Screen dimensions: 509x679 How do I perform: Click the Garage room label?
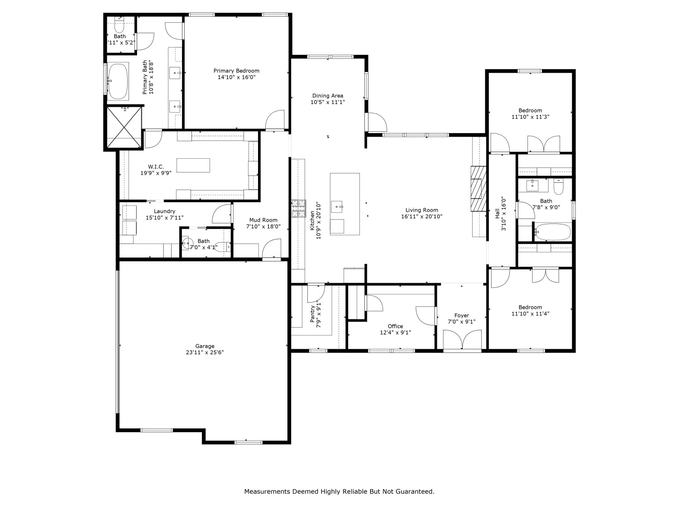click(x=205, y=346)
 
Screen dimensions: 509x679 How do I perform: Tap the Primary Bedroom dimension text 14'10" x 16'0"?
click(x=236, y=77)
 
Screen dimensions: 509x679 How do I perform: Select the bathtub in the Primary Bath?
click(x=118, y=81)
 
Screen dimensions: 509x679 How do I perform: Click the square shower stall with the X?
click(x=124, y=127)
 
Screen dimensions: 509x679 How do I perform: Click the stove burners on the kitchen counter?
click(x=298, y=209)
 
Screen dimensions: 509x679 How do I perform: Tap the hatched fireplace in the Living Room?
click(x=478, y=189)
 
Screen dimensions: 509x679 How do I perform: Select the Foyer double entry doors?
click(x=462, y=341)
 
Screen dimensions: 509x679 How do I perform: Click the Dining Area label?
click(x=327, y=95)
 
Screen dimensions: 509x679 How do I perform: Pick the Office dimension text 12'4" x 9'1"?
click(x=395, y=333)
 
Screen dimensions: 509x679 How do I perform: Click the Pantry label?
click(x=312, y=314)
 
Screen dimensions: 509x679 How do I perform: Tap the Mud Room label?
click(x=263, y=220)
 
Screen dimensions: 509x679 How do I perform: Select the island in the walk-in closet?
click(x=193, y=165)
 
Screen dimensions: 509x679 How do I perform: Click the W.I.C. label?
click(x=156, y=166)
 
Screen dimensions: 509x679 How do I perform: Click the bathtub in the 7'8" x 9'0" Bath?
click(x=552, y=232)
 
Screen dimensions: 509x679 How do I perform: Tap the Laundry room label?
click(x=164, y=211)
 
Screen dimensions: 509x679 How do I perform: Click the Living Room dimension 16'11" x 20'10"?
click(x=421, y=217)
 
